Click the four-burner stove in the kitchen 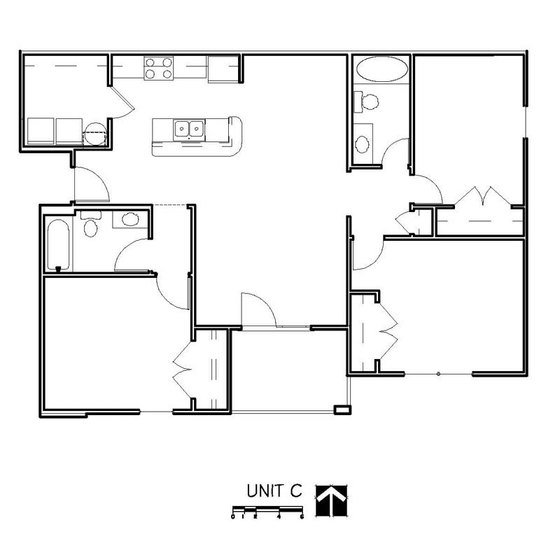click(x=158, y=68)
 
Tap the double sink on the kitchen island click(x=189, y=129)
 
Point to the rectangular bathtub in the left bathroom click(x=58, y=246)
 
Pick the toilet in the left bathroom click(x=91, y=225)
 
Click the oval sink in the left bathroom click(x=130, y=219)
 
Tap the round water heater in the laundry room click(x=95, y=132)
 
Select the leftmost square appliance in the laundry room click(x=41, y=131)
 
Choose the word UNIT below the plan click(x=265, y=491)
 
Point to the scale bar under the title click(x=267, y=513)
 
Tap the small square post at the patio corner click(x=342, y=409)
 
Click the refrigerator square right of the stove click(x=223, y=68)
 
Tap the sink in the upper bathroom click(x=363, y=143)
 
